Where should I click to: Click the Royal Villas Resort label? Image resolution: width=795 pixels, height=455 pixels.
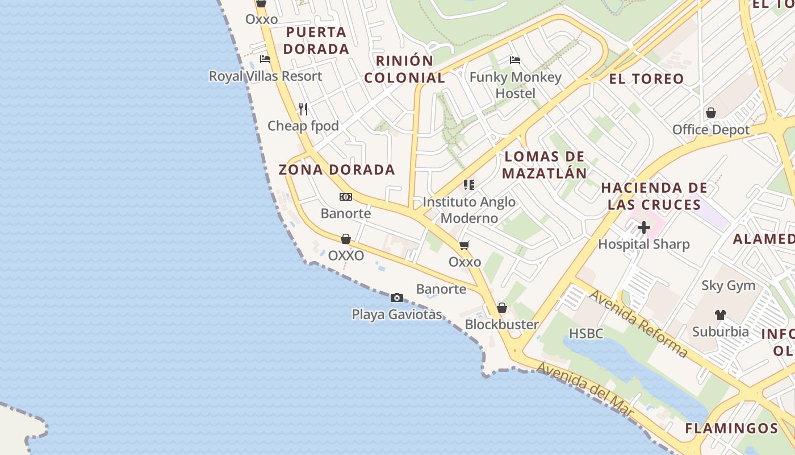[x=265, y=76]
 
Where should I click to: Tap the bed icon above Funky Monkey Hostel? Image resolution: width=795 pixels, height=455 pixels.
[x=515, y=60]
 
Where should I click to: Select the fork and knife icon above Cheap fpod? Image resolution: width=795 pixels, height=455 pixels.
[x=303, y=109]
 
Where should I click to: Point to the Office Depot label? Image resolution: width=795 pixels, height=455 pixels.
[x=711, y=130]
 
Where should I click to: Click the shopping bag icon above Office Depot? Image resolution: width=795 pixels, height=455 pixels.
[x=710, y=113]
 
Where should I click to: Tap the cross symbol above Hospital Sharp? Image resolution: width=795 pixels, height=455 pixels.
[x=643, y=228]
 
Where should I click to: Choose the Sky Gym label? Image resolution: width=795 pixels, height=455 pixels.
[x=729, y=286]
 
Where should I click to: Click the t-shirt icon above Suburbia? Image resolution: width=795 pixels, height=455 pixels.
[x=720, y=315]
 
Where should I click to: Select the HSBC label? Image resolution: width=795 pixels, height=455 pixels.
[x=586, y=333]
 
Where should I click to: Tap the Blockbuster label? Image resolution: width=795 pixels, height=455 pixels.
[x=502, y=324]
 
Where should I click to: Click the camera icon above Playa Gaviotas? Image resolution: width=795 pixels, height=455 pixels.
[x=397, y=297]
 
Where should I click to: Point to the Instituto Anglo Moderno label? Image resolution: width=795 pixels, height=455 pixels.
[x=469, y=210]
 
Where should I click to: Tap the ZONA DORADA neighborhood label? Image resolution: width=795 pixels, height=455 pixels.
[x=337, y=169]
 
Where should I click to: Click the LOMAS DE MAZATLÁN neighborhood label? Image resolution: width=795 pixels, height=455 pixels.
[x=545, y=165]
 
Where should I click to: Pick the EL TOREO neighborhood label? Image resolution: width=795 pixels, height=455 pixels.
[x=646, y=78]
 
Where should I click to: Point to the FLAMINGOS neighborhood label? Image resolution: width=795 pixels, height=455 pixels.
[x=731, y=428]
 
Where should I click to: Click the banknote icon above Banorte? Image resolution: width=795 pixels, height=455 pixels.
[x=346, y=197]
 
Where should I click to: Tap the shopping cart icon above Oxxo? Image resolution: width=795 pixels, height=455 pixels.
[x=465, y=245]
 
